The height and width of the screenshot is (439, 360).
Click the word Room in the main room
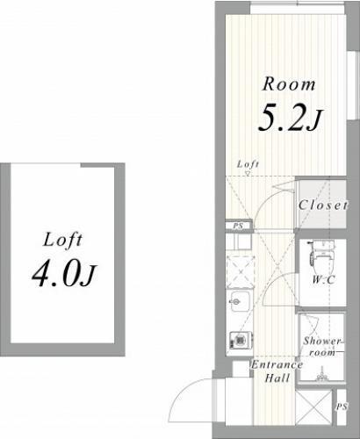coord(289,84)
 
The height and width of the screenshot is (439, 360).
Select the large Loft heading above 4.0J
coord(63,241)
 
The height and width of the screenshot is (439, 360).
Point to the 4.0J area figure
coord(64,275)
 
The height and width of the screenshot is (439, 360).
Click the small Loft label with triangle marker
coord(248,167)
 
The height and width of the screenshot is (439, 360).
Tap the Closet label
coord(323,205)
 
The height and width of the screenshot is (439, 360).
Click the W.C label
coord(323,280)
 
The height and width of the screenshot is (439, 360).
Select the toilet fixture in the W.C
coord(322,254)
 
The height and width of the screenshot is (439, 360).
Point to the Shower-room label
coord(322,346)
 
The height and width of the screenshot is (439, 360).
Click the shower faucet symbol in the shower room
coord(321,374)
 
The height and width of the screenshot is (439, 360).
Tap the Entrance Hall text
coord(277,371)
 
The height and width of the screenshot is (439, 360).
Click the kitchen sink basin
coord(240,302)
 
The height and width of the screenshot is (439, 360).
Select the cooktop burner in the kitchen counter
coord(240,340)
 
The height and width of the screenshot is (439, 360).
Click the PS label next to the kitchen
coord(239,226)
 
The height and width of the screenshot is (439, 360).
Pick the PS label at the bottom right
coord(342,407)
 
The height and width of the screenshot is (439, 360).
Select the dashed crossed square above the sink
coord(241,271)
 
